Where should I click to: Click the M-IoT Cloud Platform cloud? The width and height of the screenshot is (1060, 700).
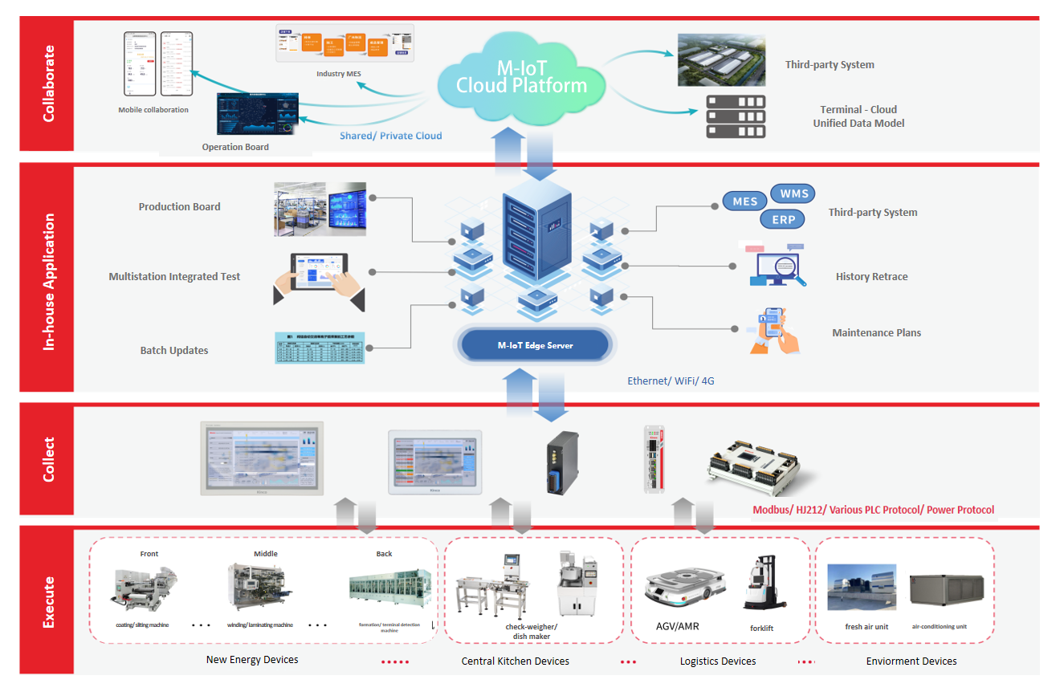521,76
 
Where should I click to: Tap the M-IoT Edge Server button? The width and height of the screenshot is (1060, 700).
535,345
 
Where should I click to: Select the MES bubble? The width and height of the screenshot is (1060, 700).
745,201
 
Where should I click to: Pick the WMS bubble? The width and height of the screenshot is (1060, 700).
793,193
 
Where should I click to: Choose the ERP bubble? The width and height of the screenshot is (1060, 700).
783,219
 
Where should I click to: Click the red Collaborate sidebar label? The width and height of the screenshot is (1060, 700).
47,83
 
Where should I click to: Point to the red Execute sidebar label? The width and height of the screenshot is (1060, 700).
47,601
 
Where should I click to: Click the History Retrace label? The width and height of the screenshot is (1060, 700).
871,277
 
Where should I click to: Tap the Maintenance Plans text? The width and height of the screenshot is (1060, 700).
876,333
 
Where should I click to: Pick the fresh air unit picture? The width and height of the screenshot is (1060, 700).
862,586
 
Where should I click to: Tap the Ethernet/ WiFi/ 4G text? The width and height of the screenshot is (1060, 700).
671,381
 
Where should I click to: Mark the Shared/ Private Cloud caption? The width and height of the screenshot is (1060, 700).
390,136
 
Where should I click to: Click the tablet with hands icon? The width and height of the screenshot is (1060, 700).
319,279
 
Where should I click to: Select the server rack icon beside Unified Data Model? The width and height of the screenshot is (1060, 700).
735,116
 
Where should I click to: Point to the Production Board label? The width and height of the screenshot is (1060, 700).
179,207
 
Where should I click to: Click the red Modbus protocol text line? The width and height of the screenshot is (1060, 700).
873,510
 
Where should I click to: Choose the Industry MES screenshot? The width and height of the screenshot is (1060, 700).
345,43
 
